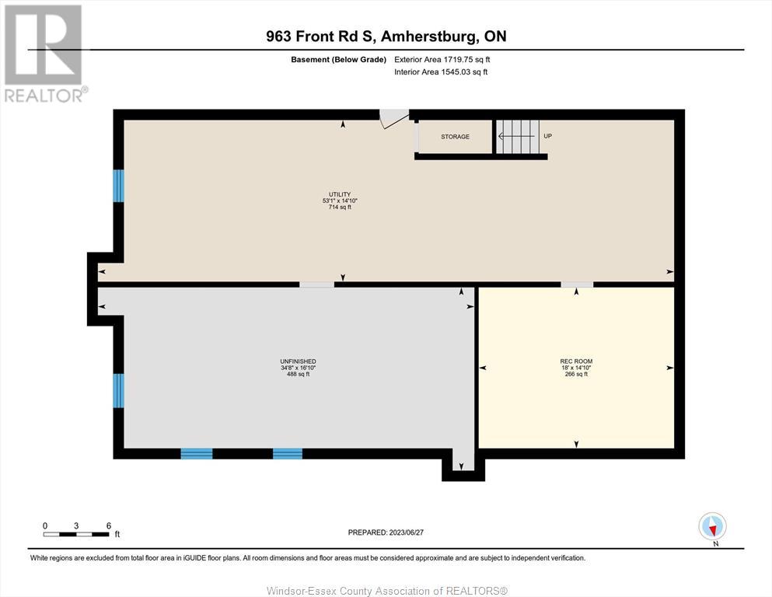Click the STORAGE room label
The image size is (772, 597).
pyautogui.click(x=455, y=136)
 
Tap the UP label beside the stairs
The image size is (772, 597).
pyautogui.click(x=547, y=136)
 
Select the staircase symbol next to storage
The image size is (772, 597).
pyautogui.click(x=518, y=136)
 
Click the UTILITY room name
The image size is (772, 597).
pyautogui.click(x=340, y=194)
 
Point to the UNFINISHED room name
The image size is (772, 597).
pyautogui.click(x=298, y=361)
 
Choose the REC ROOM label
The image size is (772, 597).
pyautogui.click(x=576, y=361)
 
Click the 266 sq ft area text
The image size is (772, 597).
pyautogui.click(x=576, y=374)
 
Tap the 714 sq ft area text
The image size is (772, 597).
pyautogui.click(x=340, y=208)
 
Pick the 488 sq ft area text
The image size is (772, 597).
pyautogui.click(x=298, y=374)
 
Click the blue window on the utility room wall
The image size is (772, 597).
pyautogui.click(x=118, y=186)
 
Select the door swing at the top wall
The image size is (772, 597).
pyautogui.click(x=393, y=119)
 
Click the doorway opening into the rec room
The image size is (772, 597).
pyautogui.click(x=577, y=285)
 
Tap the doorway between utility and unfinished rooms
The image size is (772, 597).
pyautogui.click(x=316, y=285)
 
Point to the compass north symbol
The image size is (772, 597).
pyautogui.click(x=712, y=526)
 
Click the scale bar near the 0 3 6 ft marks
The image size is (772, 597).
pyautogui.click(x=76, y=534)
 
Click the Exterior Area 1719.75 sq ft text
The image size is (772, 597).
pyautogui.click(x=442, y=60)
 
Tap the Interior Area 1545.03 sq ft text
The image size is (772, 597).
pyautogui.click(x=441, y=72)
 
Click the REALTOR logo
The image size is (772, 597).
pyautogui.click(x=46, y=54)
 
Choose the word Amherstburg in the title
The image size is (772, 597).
pyautogui.click(x=429, y=37)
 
